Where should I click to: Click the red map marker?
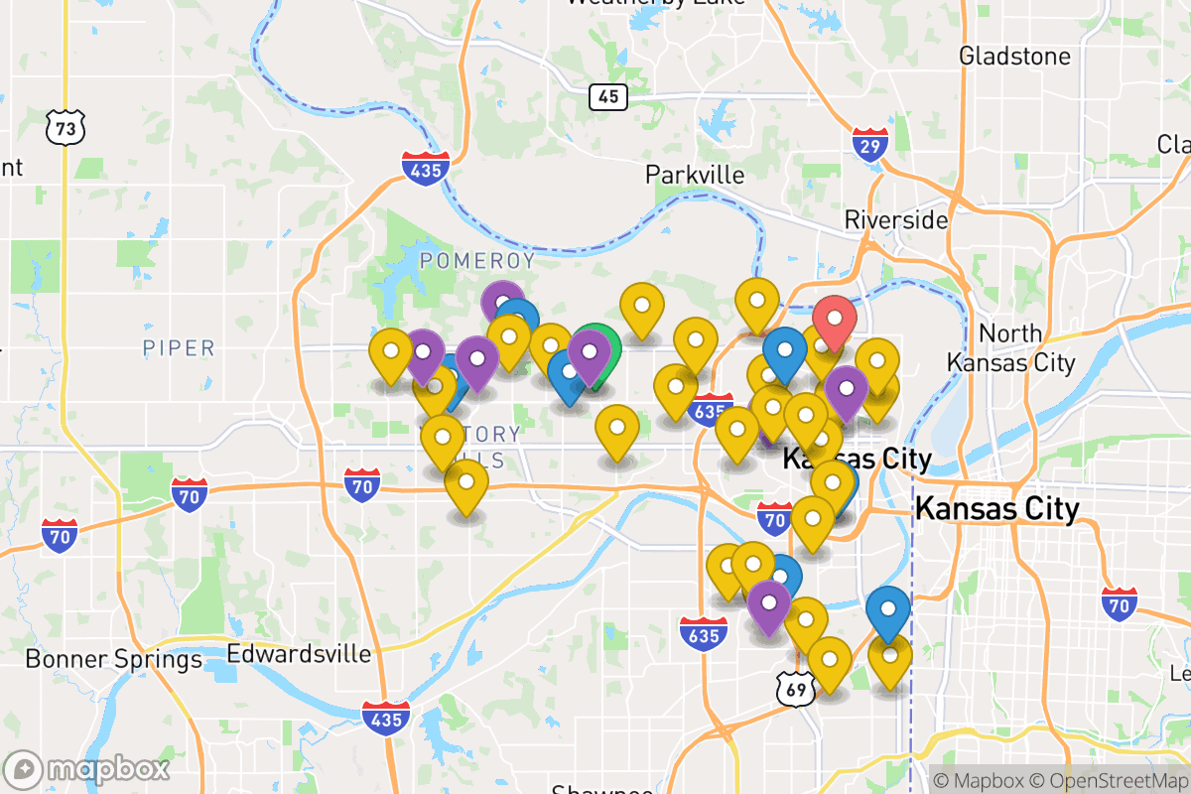coord(835,320)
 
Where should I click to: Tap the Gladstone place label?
coord(1014,56)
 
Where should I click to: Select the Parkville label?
coord(695,175)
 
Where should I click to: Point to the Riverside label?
coord(895,219)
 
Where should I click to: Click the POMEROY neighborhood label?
coord(477,261)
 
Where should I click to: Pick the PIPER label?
coord(179,347)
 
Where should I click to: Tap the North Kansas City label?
coord(1010,348)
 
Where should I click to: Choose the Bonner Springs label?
coord(113,659)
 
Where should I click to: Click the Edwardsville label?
coord(299,654)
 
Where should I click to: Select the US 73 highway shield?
coord(66,126)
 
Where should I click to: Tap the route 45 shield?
coord(607,96)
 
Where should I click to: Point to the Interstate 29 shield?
coord(870,146)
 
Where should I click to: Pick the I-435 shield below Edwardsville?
coord(384,717)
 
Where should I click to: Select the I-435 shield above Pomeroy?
coord(426,169)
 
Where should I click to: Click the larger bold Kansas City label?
coord(996,509)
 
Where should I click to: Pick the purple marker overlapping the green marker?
coord(589,352)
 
